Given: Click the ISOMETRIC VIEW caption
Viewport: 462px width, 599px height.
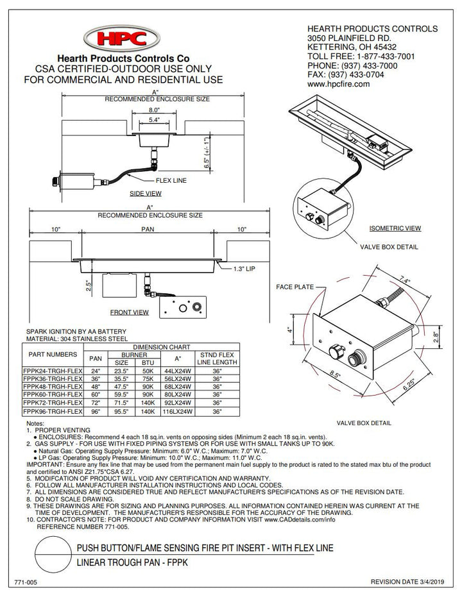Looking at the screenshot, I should click(395, 228).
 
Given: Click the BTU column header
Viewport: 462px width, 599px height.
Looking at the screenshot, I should click(148, 362).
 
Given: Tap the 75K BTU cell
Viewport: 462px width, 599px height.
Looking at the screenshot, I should click(148, 379).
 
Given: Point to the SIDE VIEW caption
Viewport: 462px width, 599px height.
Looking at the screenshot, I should click(145, 193).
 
